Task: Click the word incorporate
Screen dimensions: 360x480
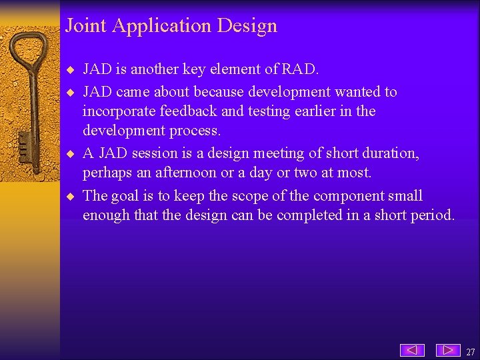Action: click(120, 111)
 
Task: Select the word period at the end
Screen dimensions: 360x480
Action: click(433, 215)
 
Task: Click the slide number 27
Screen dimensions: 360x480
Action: click(471, 351)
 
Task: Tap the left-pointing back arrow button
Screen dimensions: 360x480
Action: click(413, 350)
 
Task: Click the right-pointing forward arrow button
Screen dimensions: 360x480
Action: click(448, 350)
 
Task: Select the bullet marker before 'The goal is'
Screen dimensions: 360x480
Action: click(71, 197)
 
